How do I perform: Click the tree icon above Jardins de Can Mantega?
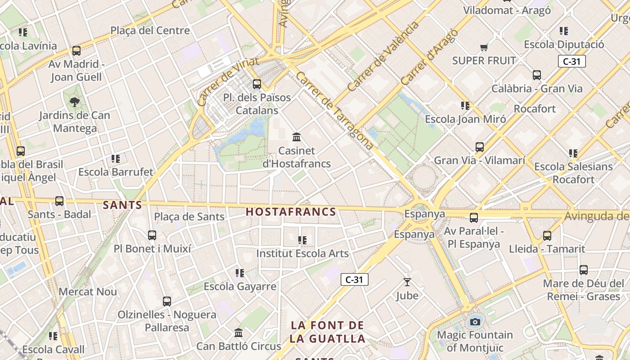coord(75,102)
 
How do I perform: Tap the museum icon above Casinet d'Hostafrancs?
coord(297,137)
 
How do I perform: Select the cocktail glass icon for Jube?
coord(407,282)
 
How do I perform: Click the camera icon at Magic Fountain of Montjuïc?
coord(475,322)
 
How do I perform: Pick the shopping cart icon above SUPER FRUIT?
coord(484,47)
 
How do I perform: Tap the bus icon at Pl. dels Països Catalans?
coord(257,84)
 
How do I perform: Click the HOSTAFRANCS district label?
coord(291,212)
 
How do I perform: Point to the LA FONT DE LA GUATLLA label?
coord(327,332)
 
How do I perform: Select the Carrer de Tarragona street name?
coord(335,111)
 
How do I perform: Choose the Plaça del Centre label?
coord(150,31)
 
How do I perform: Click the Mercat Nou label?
coord(88,292)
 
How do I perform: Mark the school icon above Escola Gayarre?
coord(240,273)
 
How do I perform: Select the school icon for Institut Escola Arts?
coord(302,240)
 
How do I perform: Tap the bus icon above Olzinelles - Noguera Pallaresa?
coord(167,301)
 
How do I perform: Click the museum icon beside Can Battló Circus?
coord(238,333)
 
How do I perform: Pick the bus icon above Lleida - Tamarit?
coord(547,235)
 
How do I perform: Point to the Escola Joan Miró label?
coord(466,119)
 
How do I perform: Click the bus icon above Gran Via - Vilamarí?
coord(480,147)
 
